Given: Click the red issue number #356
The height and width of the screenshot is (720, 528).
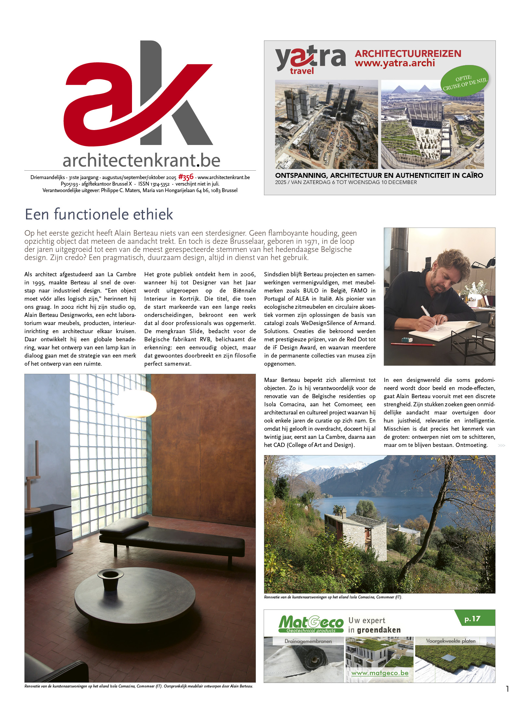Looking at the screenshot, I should click(186, 177).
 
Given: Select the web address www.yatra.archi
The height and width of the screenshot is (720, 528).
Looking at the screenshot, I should click(394, 63).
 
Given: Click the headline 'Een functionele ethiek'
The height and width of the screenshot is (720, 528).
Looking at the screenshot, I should click(99, 214).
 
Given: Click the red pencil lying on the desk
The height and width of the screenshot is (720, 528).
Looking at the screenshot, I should click(413, 344).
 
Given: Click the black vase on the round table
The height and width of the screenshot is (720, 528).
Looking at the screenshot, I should click(111, 579).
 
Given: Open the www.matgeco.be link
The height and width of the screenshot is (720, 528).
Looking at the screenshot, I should click(380, 673).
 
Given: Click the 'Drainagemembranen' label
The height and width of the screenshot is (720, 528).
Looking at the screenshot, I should click(308, 641).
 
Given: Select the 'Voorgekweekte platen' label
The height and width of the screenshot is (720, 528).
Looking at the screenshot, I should click(451, 641).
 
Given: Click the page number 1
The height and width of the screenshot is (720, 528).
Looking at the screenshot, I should click(507, 689).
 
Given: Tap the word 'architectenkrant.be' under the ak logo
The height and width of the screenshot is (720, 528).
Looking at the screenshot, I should click(141, 160).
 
